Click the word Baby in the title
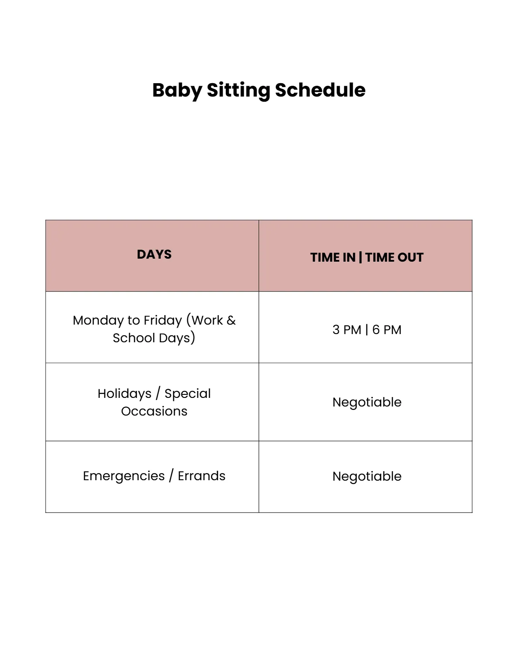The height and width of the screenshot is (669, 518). [x=177, y=91]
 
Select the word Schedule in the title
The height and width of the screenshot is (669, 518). [x=320, y=91]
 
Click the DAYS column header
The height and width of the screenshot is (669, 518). [x=154, y=254]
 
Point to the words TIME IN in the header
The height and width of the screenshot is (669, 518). [x=332, y=257]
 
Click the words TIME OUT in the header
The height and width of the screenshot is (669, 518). [x=395, y=257]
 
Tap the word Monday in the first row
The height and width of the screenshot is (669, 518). [x=98, y=320]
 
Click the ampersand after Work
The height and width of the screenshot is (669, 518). [x=231, y=320]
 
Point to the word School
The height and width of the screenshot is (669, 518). [x=134, y=338]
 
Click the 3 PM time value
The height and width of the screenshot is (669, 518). [x=347, y=330]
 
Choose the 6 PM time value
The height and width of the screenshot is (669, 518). [x=387, y=330]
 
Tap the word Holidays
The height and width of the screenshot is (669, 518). [x=124, y=394]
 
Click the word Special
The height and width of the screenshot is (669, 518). [x=188, y=394]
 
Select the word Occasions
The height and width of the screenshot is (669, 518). [x=154, y=411]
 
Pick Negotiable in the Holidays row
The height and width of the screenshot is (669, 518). [x=367, y=402]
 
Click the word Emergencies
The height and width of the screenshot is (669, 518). [x=124, y=476]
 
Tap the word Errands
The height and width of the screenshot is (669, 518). [x=202, y=476]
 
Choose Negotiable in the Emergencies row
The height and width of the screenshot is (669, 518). [x=367, y=476]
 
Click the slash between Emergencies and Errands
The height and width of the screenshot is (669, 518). [x=171, y=476]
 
